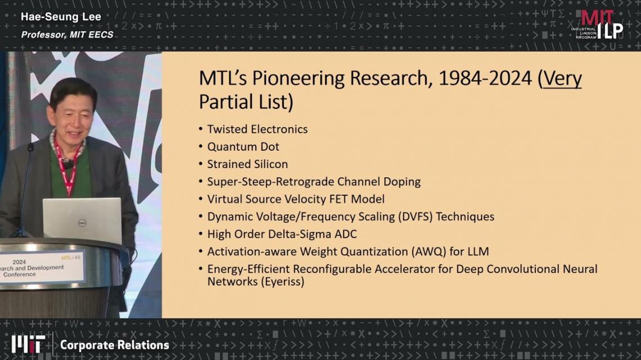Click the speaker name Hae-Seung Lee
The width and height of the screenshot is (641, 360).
(61, 17)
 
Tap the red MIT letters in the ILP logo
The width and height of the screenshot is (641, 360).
(597, 18)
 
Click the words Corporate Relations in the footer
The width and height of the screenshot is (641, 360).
(115, 345)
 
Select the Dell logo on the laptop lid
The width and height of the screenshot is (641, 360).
(82, 223)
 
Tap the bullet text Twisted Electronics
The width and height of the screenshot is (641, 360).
(257, 129)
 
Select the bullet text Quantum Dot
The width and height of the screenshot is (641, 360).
(243, 147)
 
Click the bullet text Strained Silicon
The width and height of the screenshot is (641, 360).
(247, 164)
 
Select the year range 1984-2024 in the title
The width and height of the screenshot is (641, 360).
(485, 78)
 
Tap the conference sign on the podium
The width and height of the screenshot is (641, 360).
(42, 268)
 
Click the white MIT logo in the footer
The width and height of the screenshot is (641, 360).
(28, 344)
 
